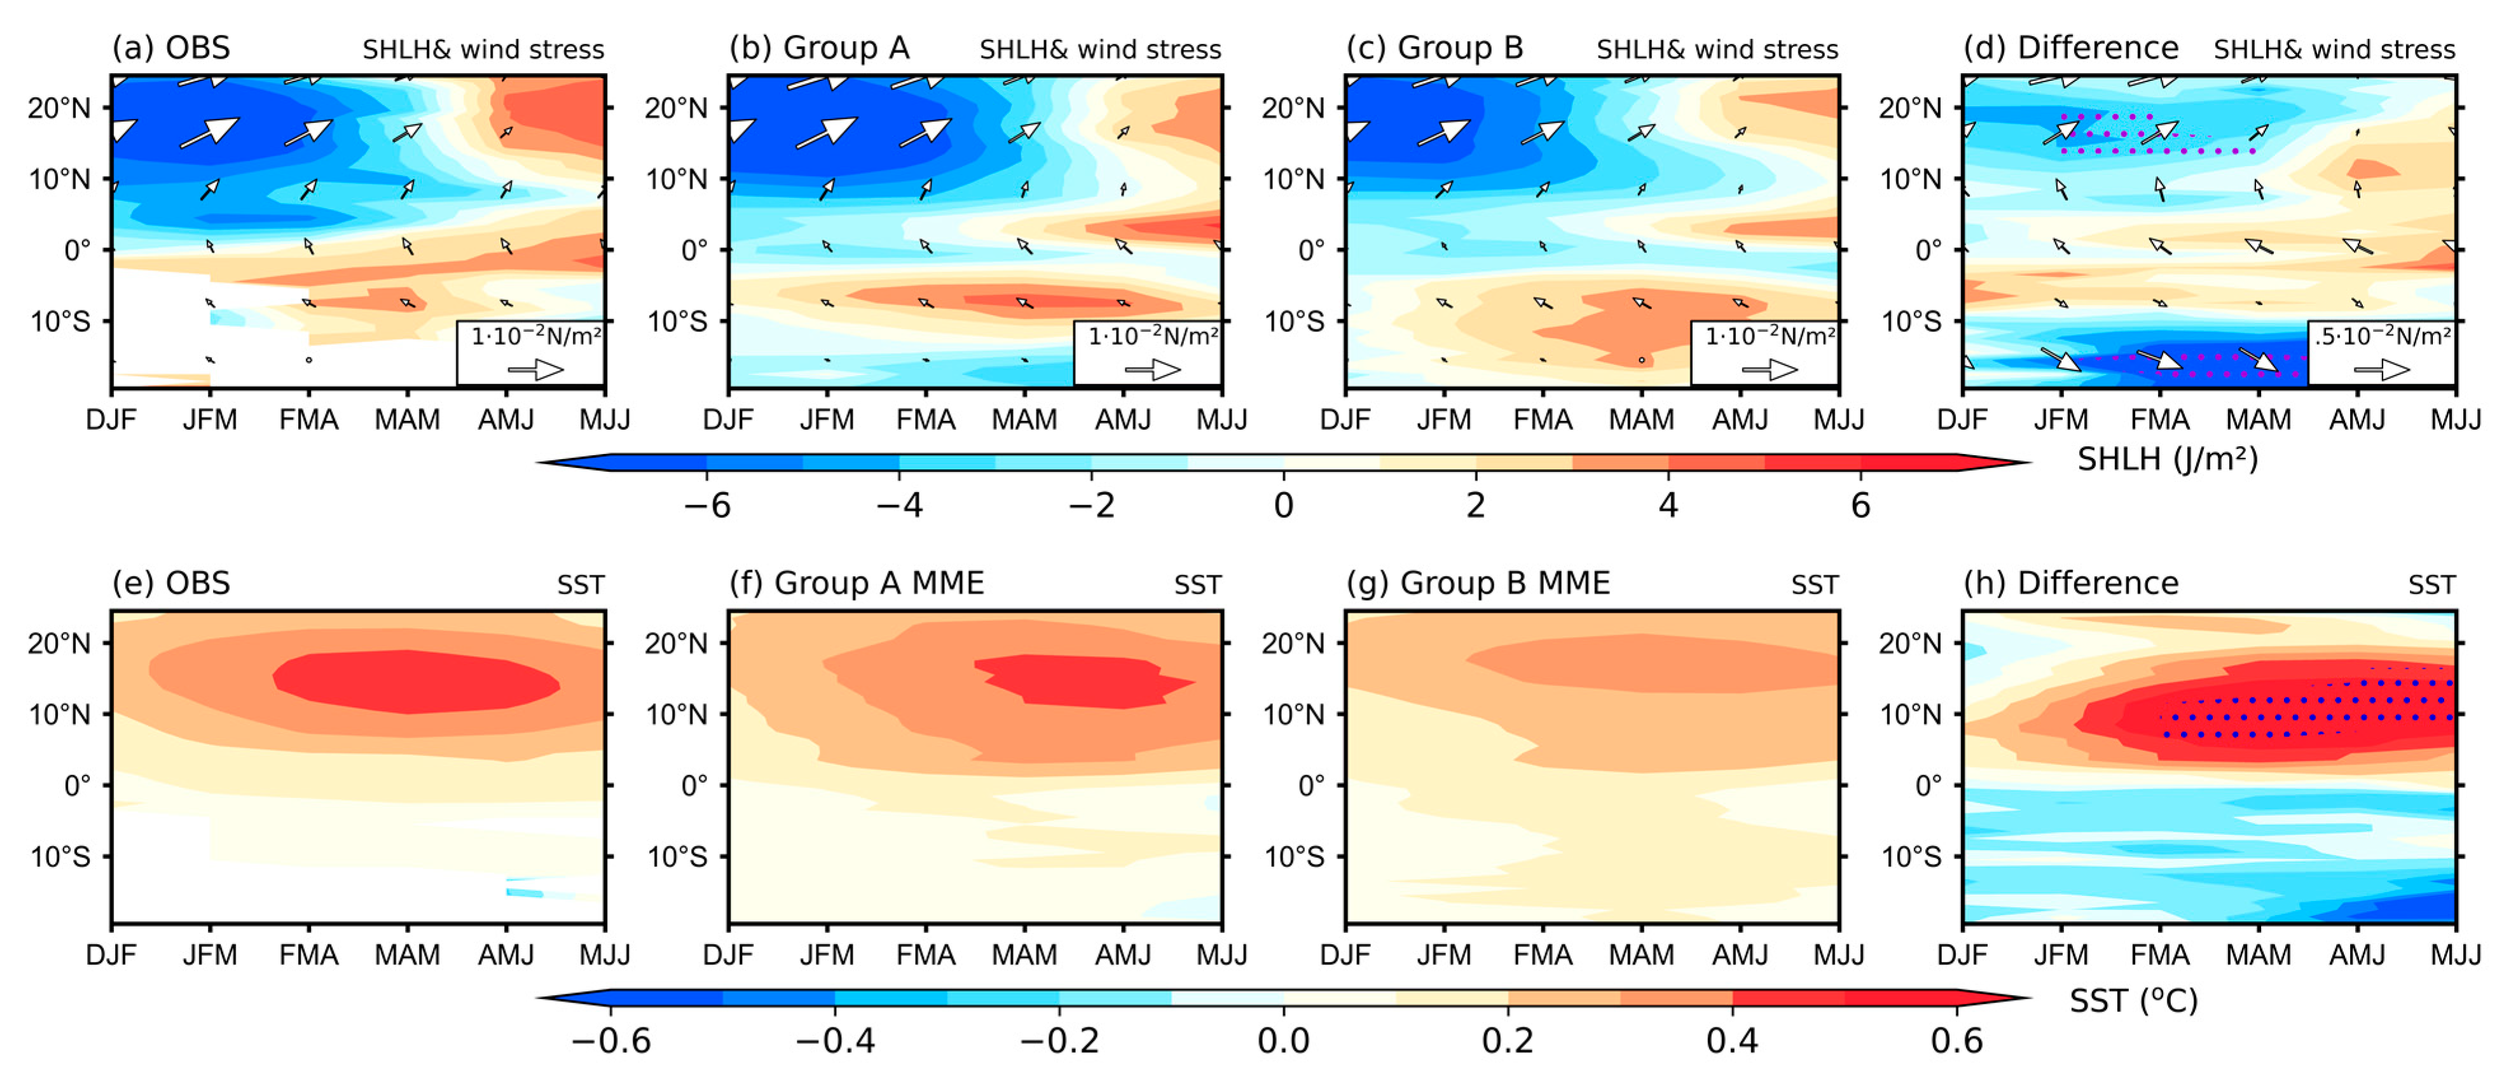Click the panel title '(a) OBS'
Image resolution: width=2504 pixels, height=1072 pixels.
pyautogui.click(x=171, y=48)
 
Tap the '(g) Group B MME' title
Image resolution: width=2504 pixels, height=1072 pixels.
pyautogui.click(x=1478, y=583)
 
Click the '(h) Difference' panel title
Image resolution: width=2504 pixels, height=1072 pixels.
pyautogui.click(x=2070, y=583)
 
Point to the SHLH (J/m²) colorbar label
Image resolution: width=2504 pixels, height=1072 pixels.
pyautogui.click(x=2167, y=458)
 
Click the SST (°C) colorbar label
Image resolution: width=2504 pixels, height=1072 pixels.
pyautogui.click(x=2134, y=1000)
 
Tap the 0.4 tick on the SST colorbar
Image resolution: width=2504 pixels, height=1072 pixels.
pyautogui.click(x=1732, y=1041)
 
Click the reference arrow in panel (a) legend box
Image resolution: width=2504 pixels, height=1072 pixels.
pyautogui.click(x=535, y=369)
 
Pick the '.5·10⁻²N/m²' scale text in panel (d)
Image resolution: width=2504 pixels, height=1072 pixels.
pyautogui.click(x=2381, y=337)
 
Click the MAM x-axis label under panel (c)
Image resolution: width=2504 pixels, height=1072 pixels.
pyautogui.click(x=1641, y=420)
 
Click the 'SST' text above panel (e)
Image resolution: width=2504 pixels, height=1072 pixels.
pyautogui.click(x=581, y=585)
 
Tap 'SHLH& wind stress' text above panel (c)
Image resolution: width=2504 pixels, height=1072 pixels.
pyautogui.click(x=1717, y=50)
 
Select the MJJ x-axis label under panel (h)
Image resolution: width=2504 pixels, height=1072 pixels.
pyautogui.click(x=2456, y=956)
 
